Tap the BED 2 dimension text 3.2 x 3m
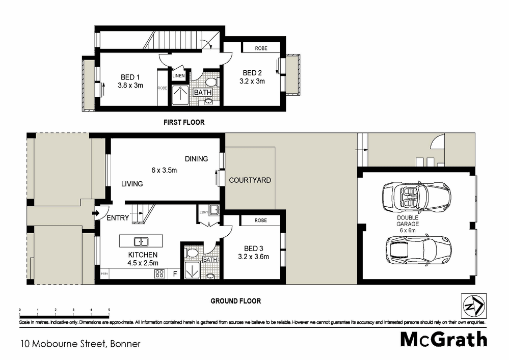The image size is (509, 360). pyautogui.click(x=252, y=80)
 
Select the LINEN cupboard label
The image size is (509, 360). pyautogui.click(x=178, y=76)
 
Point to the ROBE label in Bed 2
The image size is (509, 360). pyautogui.click(x=261, y=48)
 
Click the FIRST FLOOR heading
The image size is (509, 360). pyautogui.click(x=183, y=122)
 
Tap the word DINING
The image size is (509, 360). pyautogui.click(x=196, y=159)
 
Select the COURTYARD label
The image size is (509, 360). pyautogui.click(x=250, y=180)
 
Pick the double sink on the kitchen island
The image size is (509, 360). pyautogui.click(x=141, y=241)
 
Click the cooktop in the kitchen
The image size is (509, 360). pyautogui.click(x=159, y=273)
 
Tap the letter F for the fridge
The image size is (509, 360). pyautogui.click(x=175, y=274)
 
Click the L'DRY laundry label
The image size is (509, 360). pyautogui.click(x=202, y=212)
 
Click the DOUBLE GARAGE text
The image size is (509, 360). pyautogui.click(x=409, y=220)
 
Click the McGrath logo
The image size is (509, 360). pyautogui.click(x=443, y=339)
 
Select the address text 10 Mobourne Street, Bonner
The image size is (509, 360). pyautogui.click(x=80, y=344)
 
